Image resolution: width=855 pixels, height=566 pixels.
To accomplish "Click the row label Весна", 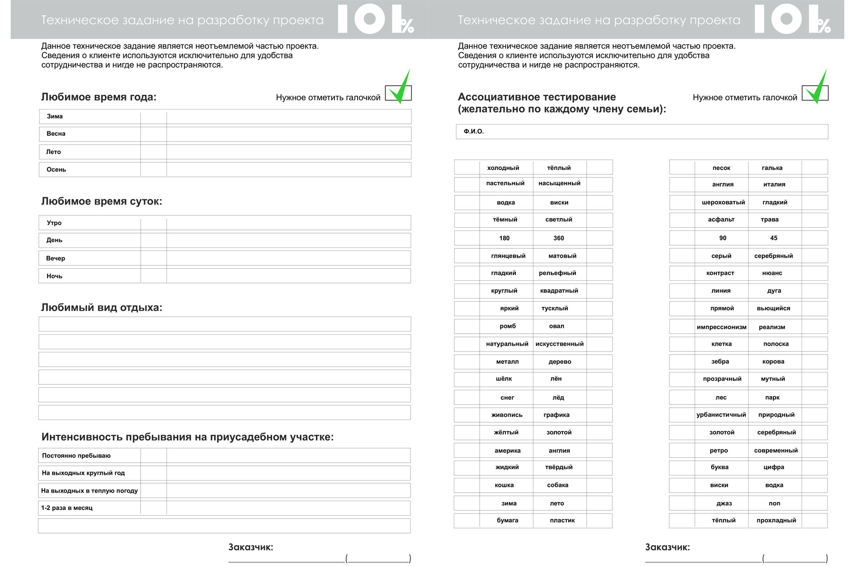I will [56, 134].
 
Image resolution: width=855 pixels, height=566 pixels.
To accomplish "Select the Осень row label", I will [56, 170].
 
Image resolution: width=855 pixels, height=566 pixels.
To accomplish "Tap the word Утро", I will [54, 223].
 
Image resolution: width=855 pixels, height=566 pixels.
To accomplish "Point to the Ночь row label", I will [54, 276].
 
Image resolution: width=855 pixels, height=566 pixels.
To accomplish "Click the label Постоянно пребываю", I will [76, 456].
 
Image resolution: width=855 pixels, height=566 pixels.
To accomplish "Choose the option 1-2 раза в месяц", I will [67, 508].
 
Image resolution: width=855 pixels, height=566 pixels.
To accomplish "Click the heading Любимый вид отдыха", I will [102, 307].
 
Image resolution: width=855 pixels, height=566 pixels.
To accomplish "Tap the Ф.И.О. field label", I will [473, 132].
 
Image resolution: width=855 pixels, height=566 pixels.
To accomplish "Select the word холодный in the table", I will [503, 168].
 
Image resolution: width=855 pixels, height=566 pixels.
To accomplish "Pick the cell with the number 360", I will [558, 239].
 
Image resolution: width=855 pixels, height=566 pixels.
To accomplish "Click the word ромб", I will [507, 326].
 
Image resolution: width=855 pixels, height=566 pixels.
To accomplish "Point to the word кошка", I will [504, 485].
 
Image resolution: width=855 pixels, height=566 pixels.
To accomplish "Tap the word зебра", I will [720, 362].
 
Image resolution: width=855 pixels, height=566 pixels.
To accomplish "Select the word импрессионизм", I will [721, 327].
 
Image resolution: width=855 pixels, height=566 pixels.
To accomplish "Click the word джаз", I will [724, 504].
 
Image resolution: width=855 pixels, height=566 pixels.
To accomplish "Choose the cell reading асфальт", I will [721, 220].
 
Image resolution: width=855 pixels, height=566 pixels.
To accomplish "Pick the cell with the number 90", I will [722, 239].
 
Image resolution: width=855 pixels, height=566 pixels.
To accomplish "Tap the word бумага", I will [507, 521].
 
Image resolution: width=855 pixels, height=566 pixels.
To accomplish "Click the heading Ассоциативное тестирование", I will [537, 97].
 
